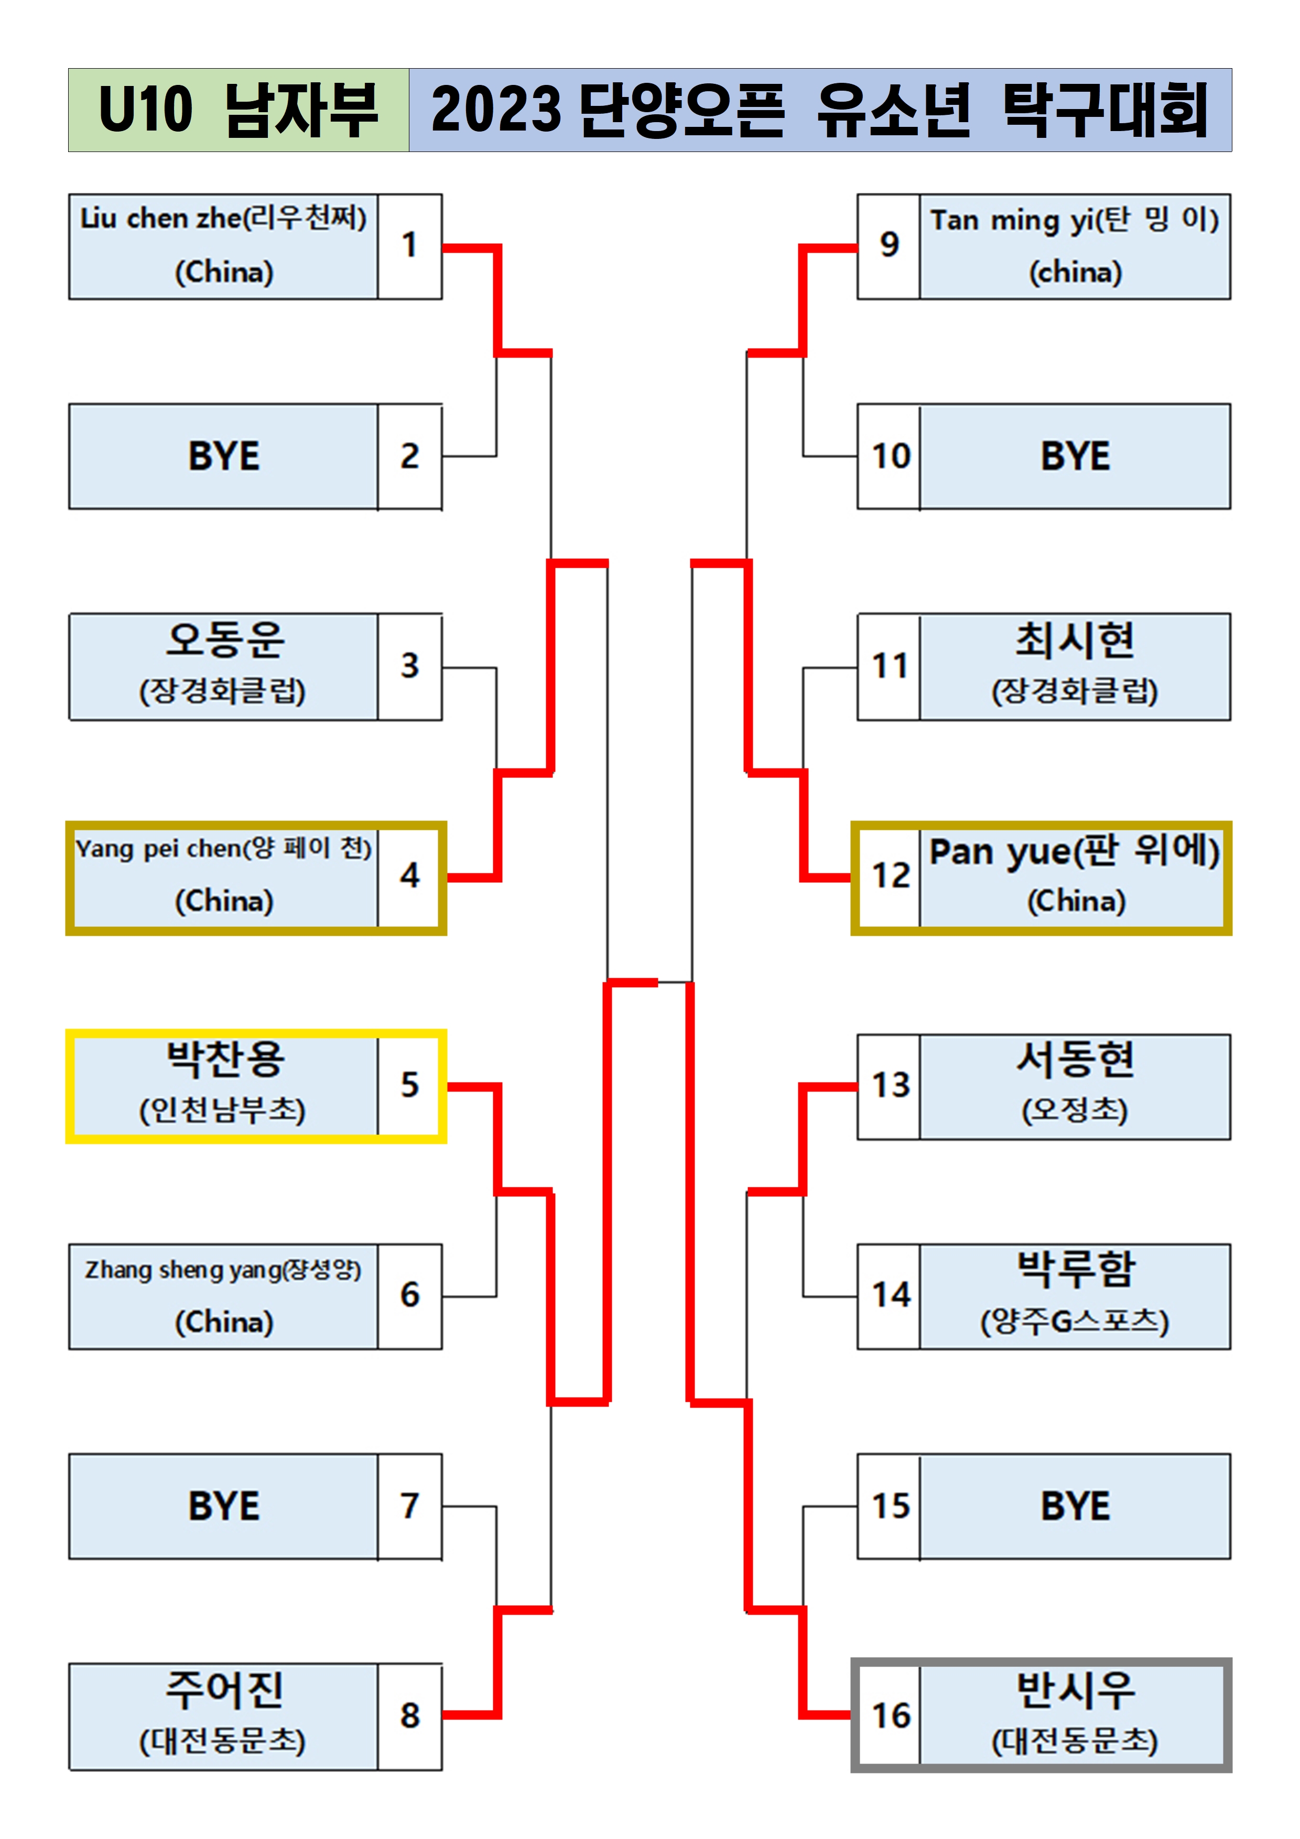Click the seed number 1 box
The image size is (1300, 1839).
tap(409, 245)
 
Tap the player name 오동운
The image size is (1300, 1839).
tap(224, 640)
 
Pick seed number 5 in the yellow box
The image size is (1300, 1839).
tap(409, 1085)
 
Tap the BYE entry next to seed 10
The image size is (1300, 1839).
tap(1075, 457)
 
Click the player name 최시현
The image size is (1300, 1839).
tap(1075, 640)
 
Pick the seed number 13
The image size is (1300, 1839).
tap(890, 1085)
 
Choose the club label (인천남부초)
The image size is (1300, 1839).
tap(223, 1110)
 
